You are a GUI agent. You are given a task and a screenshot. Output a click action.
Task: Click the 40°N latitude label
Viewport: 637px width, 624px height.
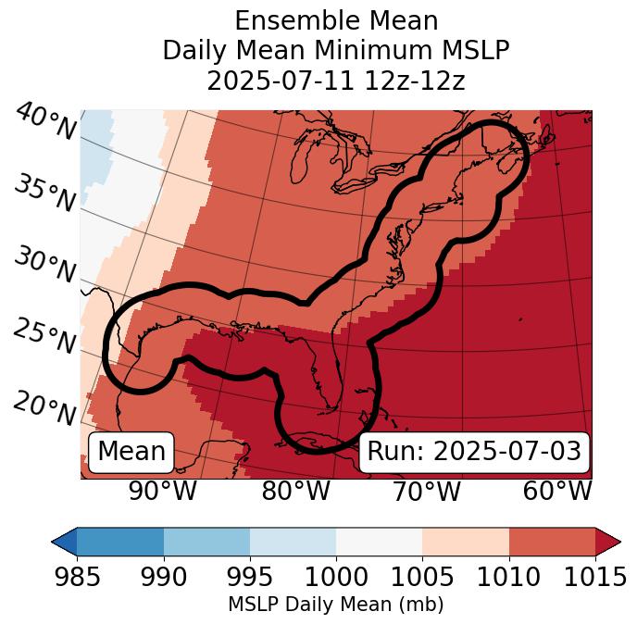45,122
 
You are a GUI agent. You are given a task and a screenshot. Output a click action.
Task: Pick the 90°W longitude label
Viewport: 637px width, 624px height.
163,491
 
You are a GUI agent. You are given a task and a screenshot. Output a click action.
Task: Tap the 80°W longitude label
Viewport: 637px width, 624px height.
295,491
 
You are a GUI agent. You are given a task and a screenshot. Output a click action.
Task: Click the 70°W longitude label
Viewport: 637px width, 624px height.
427,491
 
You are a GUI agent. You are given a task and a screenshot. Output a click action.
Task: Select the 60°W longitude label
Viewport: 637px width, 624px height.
557,491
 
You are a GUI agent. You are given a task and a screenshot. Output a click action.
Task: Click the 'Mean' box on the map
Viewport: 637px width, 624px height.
131,452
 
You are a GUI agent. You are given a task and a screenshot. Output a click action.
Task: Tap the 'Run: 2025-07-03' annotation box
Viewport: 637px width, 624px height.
474,452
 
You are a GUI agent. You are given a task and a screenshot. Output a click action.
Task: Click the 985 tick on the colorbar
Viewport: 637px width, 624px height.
76,577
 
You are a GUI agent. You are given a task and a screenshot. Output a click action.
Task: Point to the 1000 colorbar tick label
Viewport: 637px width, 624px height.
336,577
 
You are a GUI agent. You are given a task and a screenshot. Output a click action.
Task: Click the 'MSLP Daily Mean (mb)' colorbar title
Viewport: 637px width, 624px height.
335,605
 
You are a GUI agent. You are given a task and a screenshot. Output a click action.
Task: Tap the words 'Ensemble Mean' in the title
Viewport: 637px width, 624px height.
336,20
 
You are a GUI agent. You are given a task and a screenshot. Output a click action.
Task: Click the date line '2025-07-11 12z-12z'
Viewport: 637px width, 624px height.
336,81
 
